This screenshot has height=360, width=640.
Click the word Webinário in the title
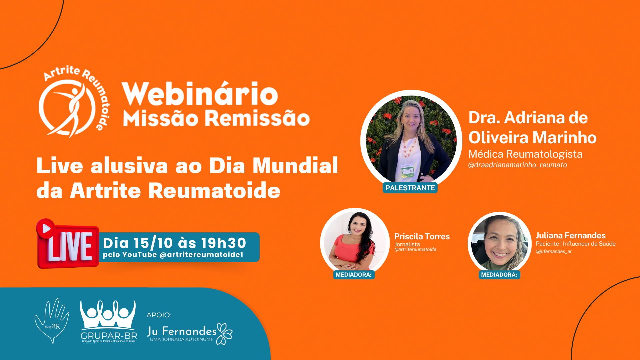(200, 94)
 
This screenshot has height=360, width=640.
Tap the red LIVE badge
(68, 244)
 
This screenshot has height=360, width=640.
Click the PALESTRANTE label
(410, 188)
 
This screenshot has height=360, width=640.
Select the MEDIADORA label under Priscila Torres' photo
(354, 275)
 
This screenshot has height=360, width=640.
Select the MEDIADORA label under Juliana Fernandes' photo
(499, 275)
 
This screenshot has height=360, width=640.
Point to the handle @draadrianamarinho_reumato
(517, 165)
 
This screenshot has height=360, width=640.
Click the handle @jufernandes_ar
(553, 252)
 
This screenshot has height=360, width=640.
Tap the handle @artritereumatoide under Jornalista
(415, 249)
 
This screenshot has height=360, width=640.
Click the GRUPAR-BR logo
(108, 321)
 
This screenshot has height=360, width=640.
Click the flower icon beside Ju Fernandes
(224, 333)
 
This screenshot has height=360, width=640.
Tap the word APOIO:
(159, 315)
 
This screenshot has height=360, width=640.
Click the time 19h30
(223, 243)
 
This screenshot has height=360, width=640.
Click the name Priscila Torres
(422, 236)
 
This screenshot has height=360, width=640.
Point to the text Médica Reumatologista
(525, 154)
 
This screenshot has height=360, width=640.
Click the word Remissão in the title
(257, 118)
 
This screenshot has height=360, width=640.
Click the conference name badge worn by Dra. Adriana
(407, 171)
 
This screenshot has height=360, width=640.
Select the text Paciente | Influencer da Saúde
(576, 244)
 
